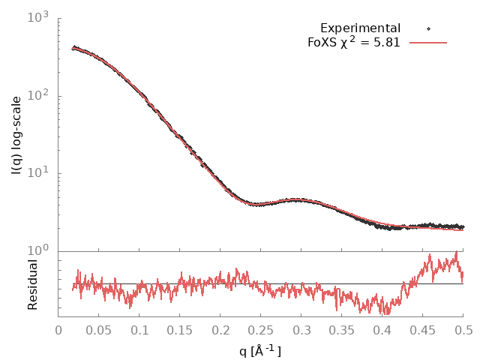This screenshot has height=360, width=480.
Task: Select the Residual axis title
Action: coord(32,284)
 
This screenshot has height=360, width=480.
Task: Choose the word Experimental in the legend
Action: coord(360,28)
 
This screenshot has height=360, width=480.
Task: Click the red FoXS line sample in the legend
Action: coord(427,43)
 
